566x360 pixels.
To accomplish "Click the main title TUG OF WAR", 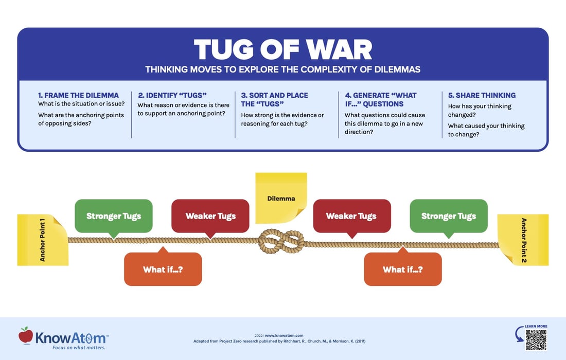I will [x=282, y=50].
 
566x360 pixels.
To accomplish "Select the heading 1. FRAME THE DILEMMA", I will [x=78, y=95].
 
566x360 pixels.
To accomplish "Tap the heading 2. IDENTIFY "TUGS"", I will [x=172, y=95].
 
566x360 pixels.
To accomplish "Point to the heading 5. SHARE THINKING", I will [x=482, y=95].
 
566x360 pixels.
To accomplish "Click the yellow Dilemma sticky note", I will [x=281, y=198].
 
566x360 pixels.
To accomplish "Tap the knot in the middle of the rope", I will [x=281, y=241].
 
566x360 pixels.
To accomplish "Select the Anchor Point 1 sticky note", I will [x=43, y=240].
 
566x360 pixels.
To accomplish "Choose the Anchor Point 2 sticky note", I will [x=523, y=240].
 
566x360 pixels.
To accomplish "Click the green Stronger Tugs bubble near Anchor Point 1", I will [x=113, y=216].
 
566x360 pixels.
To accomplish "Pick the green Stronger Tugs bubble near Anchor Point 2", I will [x=448, y=216].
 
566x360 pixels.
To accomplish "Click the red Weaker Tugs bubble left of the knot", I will [x=210, y=216].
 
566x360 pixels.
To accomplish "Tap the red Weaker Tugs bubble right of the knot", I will [x=351, y=216].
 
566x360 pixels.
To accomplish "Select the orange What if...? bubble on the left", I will [x=163, y=269].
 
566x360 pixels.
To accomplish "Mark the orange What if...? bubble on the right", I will [x=402, y=269].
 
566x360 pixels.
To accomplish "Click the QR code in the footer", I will [x=536, y=339].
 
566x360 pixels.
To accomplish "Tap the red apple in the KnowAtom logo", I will [x=25, y=335].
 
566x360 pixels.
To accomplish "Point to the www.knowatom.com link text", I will [x=288, y=335].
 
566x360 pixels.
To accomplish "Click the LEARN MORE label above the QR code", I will [x=536, y=326].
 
